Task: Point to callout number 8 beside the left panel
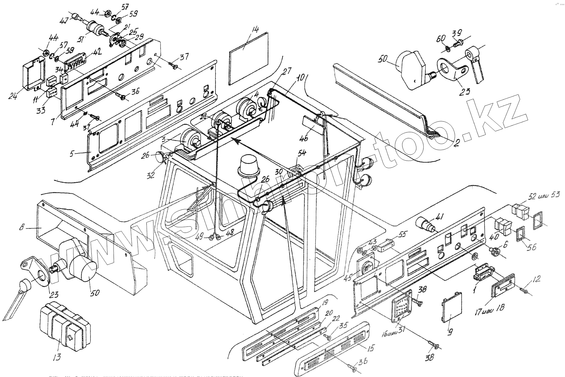coord(22,228)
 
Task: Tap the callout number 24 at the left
coord(13,96)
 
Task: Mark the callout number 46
coord(304,138)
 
